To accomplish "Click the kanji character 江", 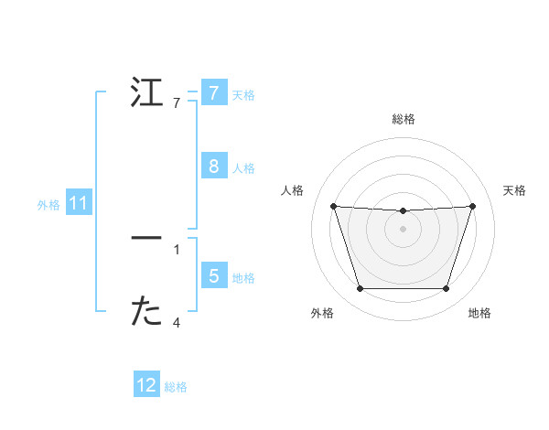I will click(146, 93).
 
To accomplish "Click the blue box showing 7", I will click(213, 92).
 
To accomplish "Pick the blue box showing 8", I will click(213, 166).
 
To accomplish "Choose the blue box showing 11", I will click(78, 203).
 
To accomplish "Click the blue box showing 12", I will click(146, 385).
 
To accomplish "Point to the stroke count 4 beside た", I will click(177, 322).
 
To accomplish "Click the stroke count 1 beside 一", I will click(177, 248).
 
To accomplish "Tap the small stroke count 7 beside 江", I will click(177, 103).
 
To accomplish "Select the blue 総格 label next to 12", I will click(176, 387).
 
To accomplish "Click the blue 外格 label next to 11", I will click(48, 205).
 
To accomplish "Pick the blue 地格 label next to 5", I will click(243, 277).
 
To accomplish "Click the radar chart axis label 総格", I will click(403, 119).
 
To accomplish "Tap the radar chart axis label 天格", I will click(515, 190).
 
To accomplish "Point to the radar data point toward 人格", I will click(333, 206).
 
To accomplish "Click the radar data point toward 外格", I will click(360, 289).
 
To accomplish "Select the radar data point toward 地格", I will click(446, 289).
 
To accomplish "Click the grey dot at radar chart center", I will click(403, 228).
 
